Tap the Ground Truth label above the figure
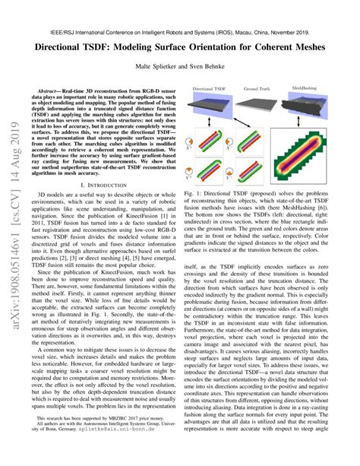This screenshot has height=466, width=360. [264, 88]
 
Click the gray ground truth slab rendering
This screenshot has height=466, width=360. [264, 105]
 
